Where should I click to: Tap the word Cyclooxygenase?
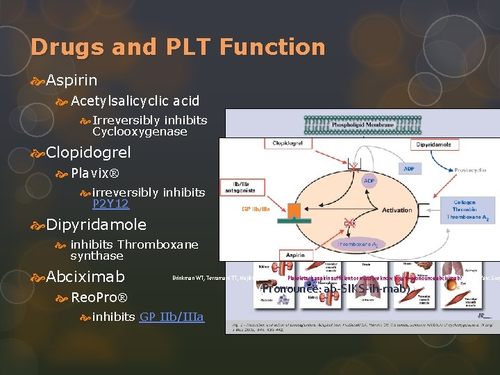(140, 131)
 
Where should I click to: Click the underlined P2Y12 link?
(110, 203)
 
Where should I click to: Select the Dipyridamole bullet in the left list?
(96, 224)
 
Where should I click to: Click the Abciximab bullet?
(85, 276)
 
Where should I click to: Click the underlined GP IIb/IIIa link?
(172, 317)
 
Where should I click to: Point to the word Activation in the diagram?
(397, 209)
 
